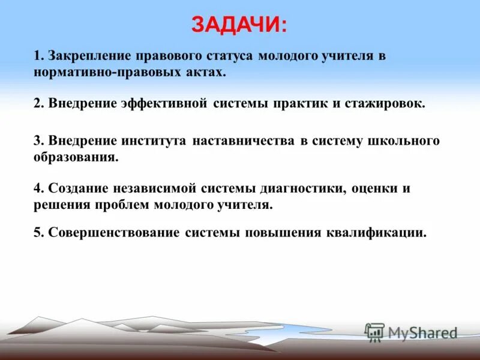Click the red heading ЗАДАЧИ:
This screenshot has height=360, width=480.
[x=239, y=25]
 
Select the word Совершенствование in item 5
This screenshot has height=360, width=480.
[x=113, y=233]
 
